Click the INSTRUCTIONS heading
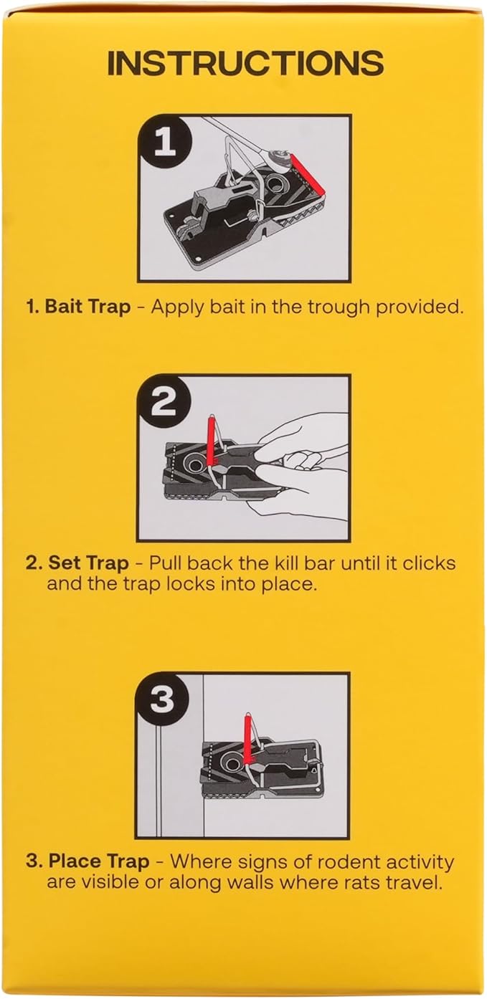245,64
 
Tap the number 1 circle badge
165,143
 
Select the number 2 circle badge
164,404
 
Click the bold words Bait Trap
88,307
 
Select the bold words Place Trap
99,861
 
